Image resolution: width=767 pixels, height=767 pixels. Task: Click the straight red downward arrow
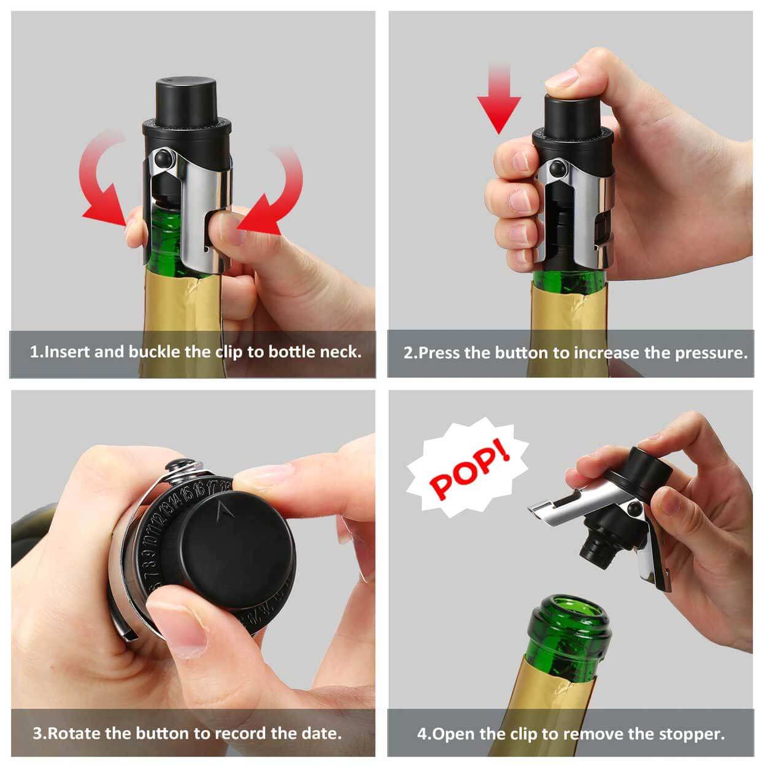point(499,98)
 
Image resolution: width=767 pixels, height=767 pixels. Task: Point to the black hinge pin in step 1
point(164,159)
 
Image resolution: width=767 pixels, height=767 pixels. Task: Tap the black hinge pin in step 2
point(557,169)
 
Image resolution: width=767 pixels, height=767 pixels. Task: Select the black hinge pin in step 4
point(633,508)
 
